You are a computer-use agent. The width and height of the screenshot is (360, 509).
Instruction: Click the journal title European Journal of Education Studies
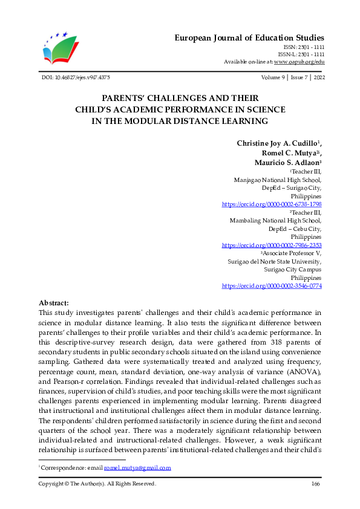coord(249,37)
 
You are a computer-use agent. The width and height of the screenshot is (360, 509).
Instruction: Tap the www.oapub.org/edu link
coord(299,62)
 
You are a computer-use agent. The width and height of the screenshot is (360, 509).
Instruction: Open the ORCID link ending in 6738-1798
coord(272,205)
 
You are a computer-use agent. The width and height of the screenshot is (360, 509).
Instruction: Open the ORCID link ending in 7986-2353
coord(272,245)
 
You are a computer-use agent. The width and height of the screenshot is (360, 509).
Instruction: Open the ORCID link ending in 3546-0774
coord(272,285)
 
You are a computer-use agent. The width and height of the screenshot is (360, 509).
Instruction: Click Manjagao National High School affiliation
coord(278,180)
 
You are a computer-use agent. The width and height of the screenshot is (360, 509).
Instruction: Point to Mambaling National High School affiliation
coord(276,221)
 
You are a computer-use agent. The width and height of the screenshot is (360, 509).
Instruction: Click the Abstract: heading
coord(54,303)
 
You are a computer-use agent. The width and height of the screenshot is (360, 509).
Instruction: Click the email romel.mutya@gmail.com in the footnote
coord(137,468)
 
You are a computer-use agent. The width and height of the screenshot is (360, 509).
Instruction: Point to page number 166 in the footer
coord(315,484)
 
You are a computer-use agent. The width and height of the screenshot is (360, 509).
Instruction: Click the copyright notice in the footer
coord(97,484)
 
